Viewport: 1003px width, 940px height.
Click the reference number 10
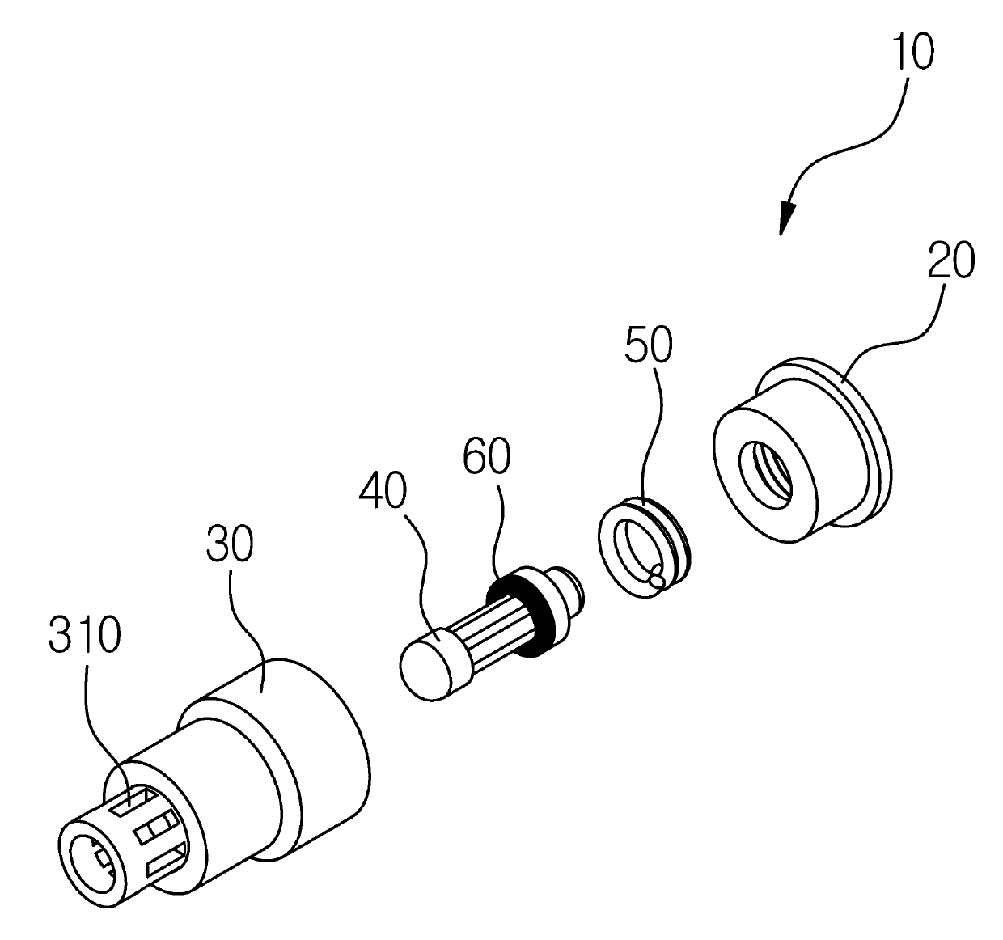click(x=915, y=53)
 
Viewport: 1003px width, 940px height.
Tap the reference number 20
click(x=951, y=260)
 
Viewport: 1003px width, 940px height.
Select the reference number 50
click(x=649, y=344)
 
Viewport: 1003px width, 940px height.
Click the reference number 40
click(x=383, y=490)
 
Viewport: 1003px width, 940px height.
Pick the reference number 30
click(x=230, y=543)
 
